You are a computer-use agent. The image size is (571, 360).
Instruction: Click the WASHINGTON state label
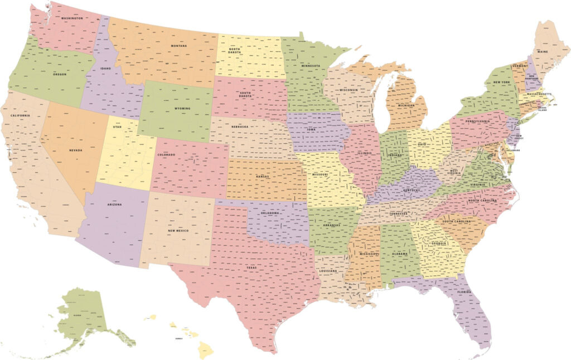tap(72, 18)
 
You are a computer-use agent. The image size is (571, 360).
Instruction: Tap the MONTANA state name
tap(179, 46)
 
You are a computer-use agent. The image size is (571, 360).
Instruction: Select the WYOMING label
tap(182, 108)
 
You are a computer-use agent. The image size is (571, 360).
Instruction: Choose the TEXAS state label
tap(252, 267)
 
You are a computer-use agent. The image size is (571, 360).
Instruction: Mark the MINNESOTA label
tap(310, 66)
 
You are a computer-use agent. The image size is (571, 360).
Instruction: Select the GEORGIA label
tap(439, 243)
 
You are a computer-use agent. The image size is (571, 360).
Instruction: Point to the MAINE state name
tap(543, 51)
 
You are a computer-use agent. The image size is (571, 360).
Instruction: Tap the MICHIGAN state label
tap(406, 105)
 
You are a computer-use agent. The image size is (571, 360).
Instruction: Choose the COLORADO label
tap(166, 154)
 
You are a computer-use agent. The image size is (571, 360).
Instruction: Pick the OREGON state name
tap(60, 74)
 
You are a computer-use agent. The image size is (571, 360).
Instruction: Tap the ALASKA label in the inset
tap(77, 315)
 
